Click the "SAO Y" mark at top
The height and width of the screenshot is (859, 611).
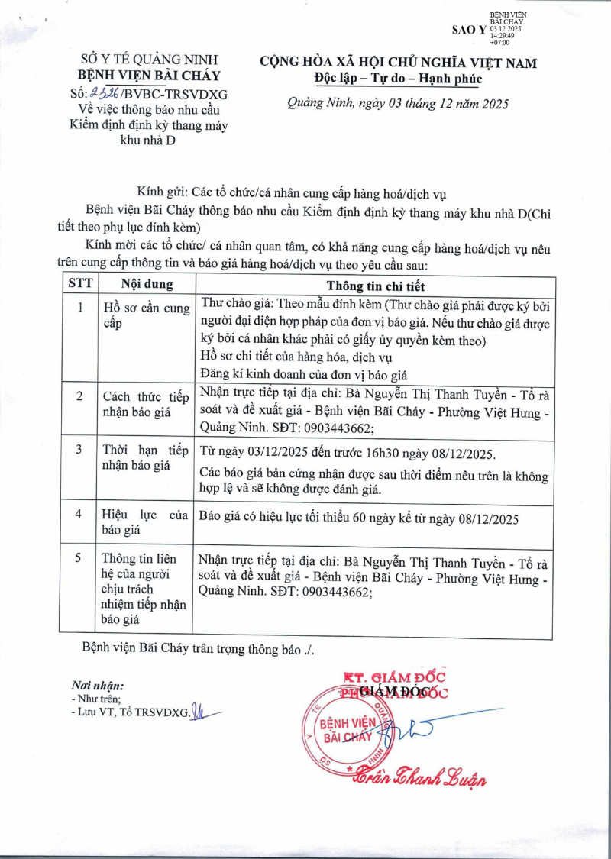[x=469, y=29]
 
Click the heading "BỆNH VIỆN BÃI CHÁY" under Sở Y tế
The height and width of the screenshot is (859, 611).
[x=150, y=76]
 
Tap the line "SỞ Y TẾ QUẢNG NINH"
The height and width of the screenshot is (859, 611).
[x=150, y=60]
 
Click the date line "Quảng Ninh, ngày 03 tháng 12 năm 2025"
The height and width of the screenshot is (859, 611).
[x=397, y=105]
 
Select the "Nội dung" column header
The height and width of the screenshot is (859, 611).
[x=147, y=284]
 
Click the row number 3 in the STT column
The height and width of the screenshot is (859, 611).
[x=79, y=449]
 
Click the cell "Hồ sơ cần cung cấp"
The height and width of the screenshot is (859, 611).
[x=145, y=315]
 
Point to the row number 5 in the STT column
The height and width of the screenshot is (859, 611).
[x=79, y=558]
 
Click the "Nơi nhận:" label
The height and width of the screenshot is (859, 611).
[x=97, y=685]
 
